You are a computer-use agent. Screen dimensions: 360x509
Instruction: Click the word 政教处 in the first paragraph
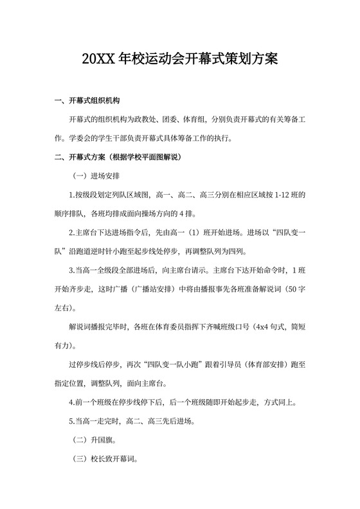click(162, 120)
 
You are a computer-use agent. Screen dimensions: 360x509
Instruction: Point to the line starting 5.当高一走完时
click(138, 422)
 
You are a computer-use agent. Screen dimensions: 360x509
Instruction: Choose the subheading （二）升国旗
click(94, 441)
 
